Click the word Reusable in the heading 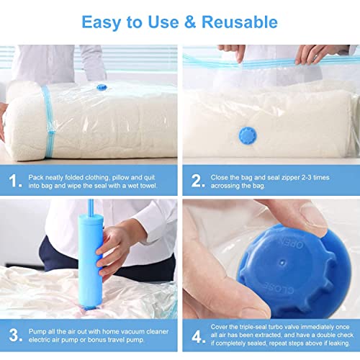coord(240,22)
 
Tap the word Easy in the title coord(102,23)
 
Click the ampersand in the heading coord(190,22)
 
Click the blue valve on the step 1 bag coord(102,87)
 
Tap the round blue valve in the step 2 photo coord(248,135)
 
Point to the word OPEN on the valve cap coord(292,243)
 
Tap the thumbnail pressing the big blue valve coord(312,215)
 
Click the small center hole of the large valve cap coord(282,263)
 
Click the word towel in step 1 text coord(149,186)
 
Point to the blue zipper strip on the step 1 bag coord(49,122)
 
